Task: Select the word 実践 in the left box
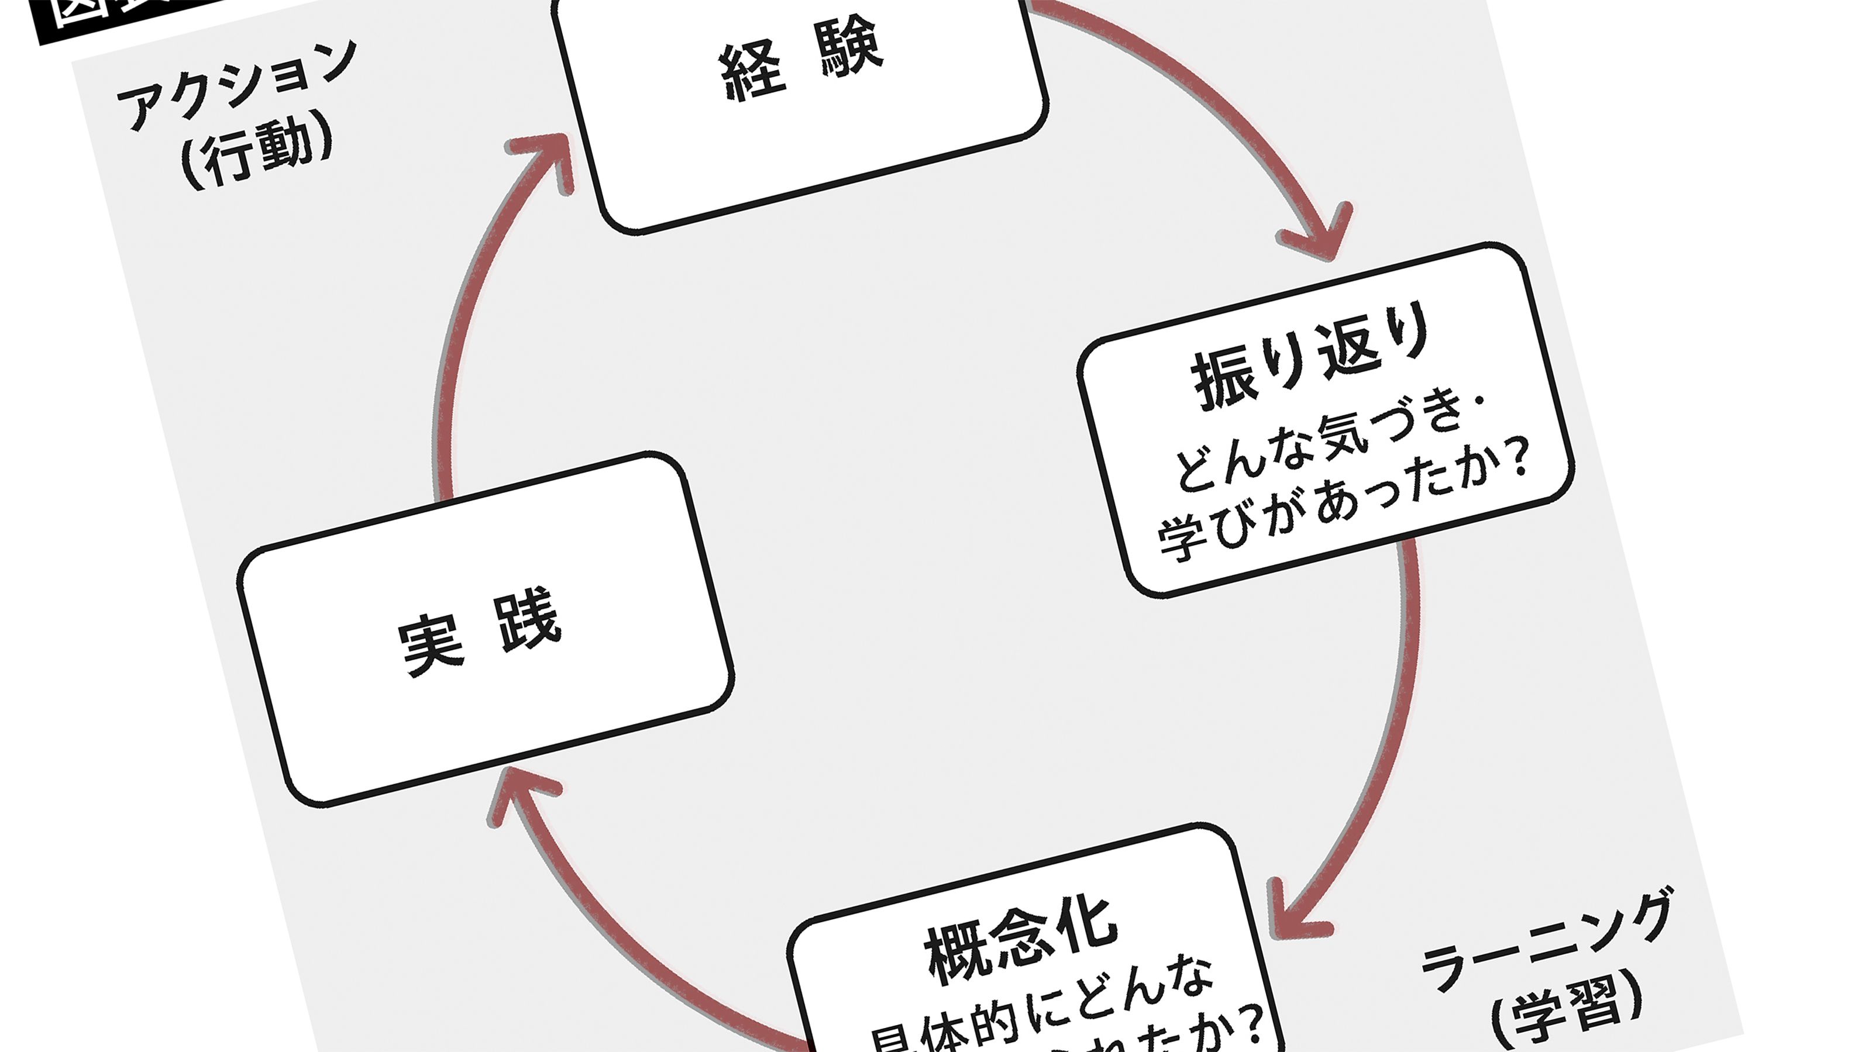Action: coord(480,632)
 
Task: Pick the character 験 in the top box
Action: coord(850,47)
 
